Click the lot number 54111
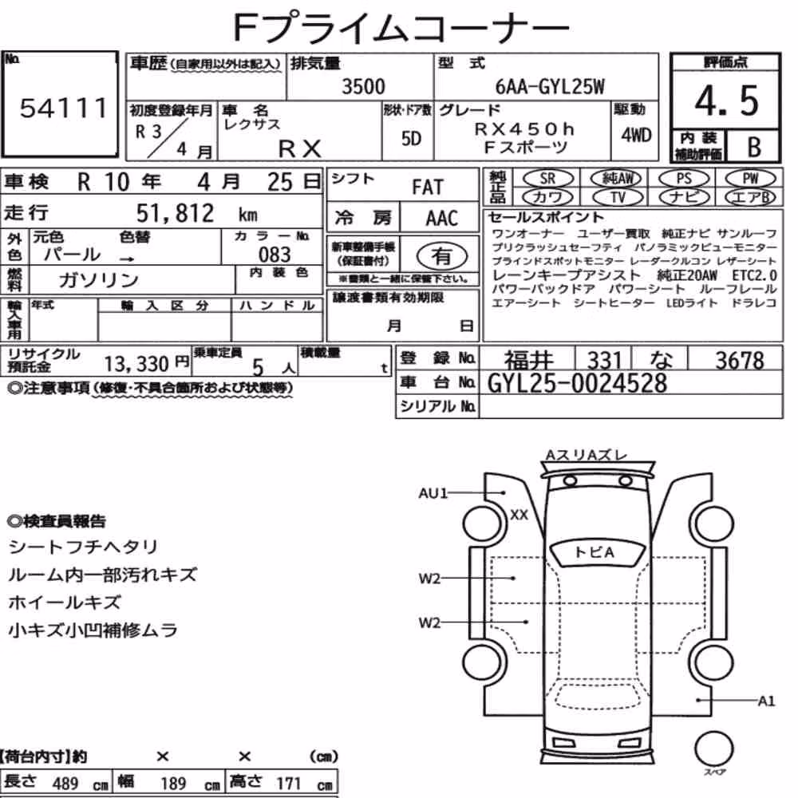(x=64, y=109)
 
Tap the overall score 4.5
(x=726, y=101)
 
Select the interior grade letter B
(x=754, y=147)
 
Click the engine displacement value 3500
(x=363, y=86)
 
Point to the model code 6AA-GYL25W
(x=550, y=86)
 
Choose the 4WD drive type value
(x=636, y=135)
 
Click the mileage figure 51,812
(x=175, y=213)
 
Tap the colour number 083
(x=275, y=254)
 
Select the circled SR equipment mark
(x=547, y=178)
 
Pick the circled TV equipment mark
(x=618, y=197)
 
